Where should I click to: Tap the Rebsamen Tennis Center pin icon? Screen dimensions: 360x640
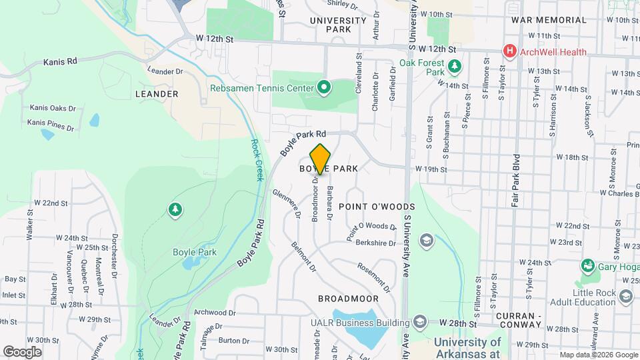pyautogui.click(x=324, y=87)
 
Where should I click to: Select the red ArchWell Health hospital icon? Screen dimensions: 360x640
pyautogui.click(x=511, y=51)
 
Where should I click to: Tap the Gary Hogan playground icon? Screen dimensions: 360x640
pyautogui.click(x=587, y=266)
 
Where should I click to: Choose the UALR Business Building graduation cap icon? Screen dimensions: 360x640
pyautogui.click(x=420, y=323)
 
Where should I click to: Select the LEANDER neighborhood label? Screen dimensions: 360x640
pyautogui.click(x=157, y=94)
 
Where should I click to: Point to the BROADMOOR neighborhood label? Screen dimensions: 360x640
pyautogui.click(x=348, y=299)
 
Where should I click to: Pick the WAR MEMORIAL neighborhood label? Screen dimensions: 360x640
pyautogui.click(x=549, y=20)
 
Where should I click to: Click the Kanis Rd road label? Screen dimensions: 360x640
pyautogui.click(x=60, y=61)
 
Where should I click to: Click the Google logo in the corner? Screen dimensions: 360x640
pyautogui.click(x=22, y=351)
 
